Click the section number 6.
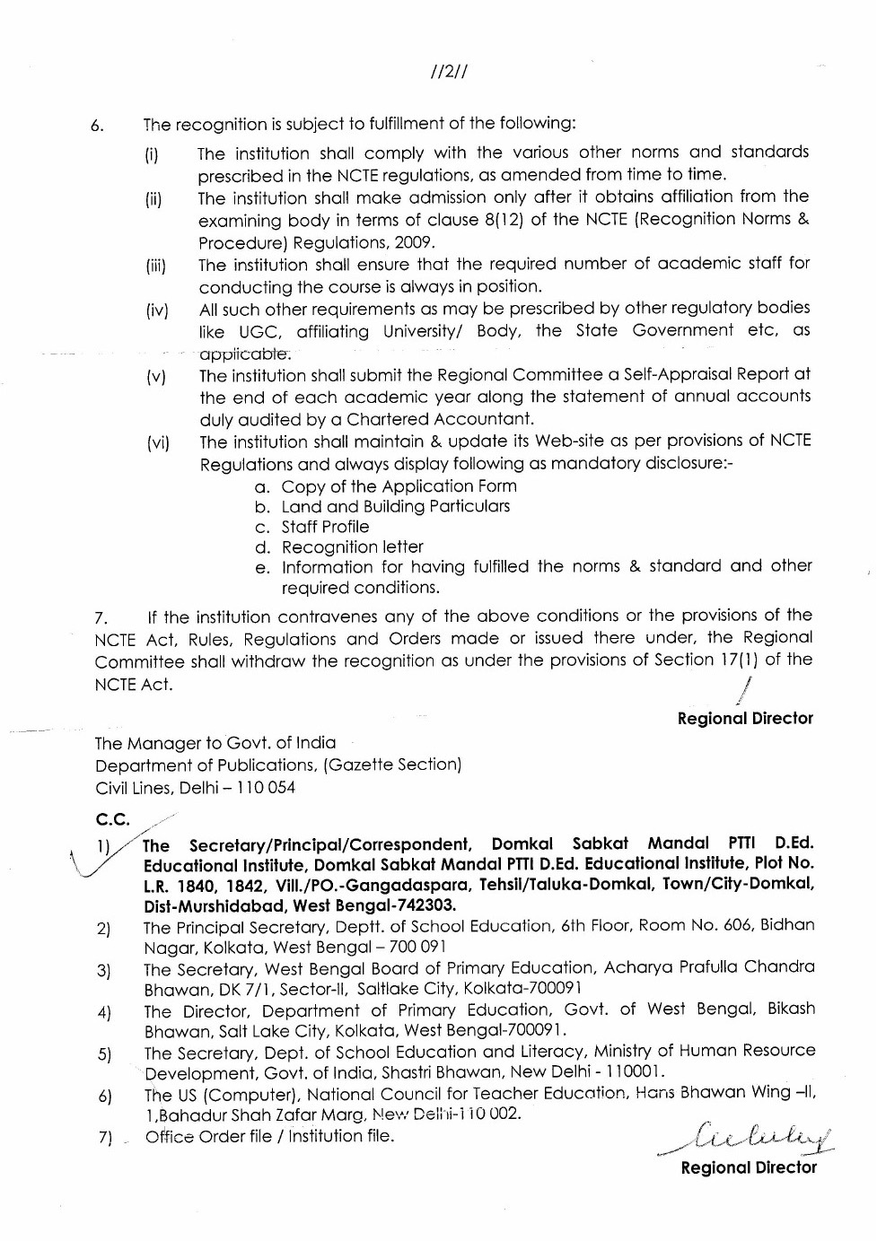[x=98, y=126]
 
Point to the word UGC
[x=258, y=331]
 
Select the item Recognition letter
[x=352, y=547]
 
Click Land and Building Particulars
[x=395, y=506]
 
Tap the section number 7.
[x=101, y=618]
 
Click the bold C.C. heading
[x=112, y=819]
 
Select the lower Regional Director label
[x=749, y=1167]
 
